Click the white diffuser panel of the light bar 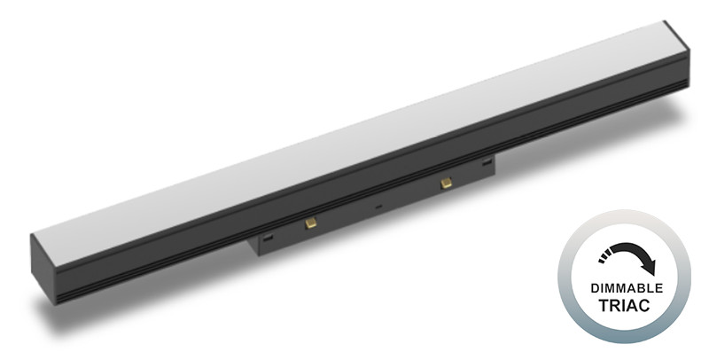(354, 142)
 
